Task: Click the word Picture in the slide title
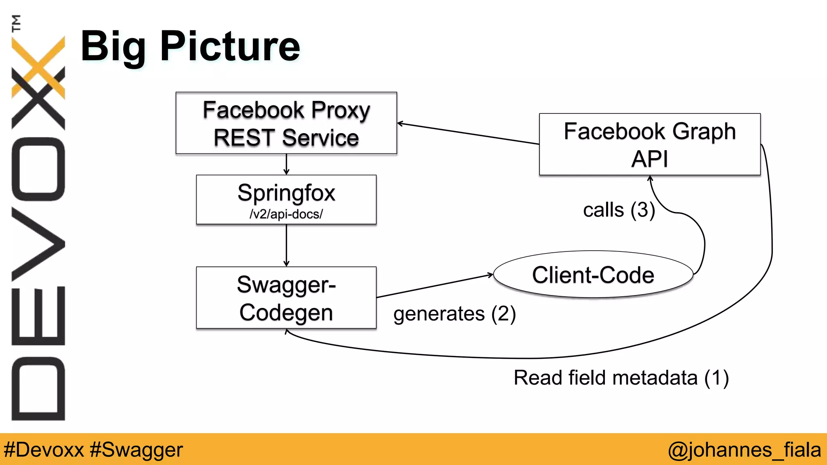230,47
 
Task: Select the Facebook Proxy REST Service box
286,123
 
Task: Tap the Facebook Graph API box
649,144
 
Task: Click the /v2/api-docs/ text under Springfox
286,214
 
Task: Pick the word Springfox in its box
286,193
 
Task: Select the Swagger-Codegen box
286,298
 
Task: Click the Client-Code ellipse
593,275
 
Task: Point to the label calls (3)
619,210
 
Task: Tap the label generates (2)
454,314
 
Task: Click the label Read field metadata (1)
621,378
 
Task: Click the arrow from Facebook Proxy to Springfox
286,164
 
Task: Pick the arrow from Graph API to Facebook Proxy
468,134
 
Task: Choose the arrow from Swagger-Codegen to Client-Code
434,286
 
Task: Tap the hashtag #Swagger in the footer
136,450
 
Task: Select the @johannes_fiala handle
744,450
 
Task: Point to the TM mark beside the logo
16,23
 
